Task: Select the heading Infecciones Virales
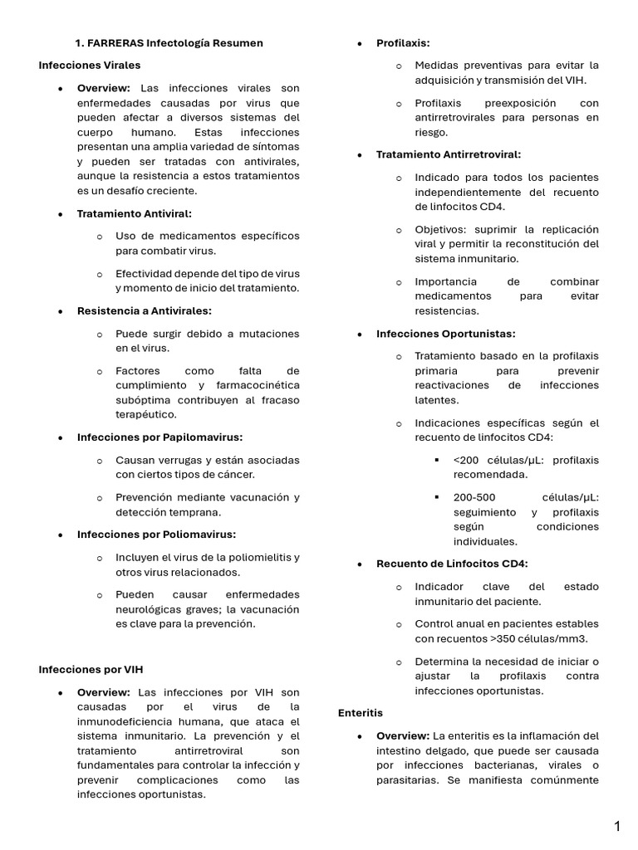[x=90, y=65]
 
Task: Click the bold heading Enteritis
[x=361, y=712]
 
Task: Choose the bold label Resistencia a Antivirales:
[x=145, y=310]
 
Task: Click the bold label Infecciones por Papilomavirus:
[x=159, y=437]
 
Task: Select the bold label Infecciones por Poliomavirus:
[x=156, y=535]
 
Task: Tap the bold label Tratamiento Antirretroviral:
[x=449, y=154]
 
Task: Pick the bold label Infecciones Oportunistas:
[x=445, y=334]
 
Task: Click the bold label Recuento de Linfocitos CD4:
[x=452, y=564]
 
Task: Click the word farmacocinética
[x=260, y=385]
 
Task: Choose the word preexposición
[x=516, y=103]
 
